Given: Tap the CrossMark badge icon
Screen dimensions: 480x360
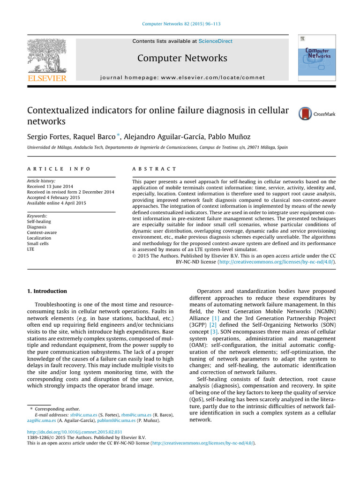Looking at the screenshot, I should tap(305, 113).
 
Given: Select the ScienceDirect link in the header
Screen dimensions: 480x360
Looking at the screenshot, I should tap(215, 41).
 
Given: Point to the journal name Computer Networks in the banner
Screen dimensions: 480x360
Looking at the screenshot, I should tap(182, 58).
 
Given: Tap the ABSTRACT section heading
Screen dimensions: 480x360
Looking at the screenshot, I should tap(154, 169).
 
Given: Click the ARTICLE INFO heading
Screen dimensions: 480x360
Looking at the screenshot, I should tap(59, 169).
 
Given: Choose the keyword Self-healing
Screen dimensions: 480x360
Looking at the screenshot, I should tap(39, 221).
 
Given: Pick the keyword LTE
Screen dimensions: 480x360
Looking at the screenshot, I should tap(31, 249).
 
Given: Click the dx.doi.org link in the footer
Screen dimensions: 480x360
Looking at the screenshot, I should tap(75, 432).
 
